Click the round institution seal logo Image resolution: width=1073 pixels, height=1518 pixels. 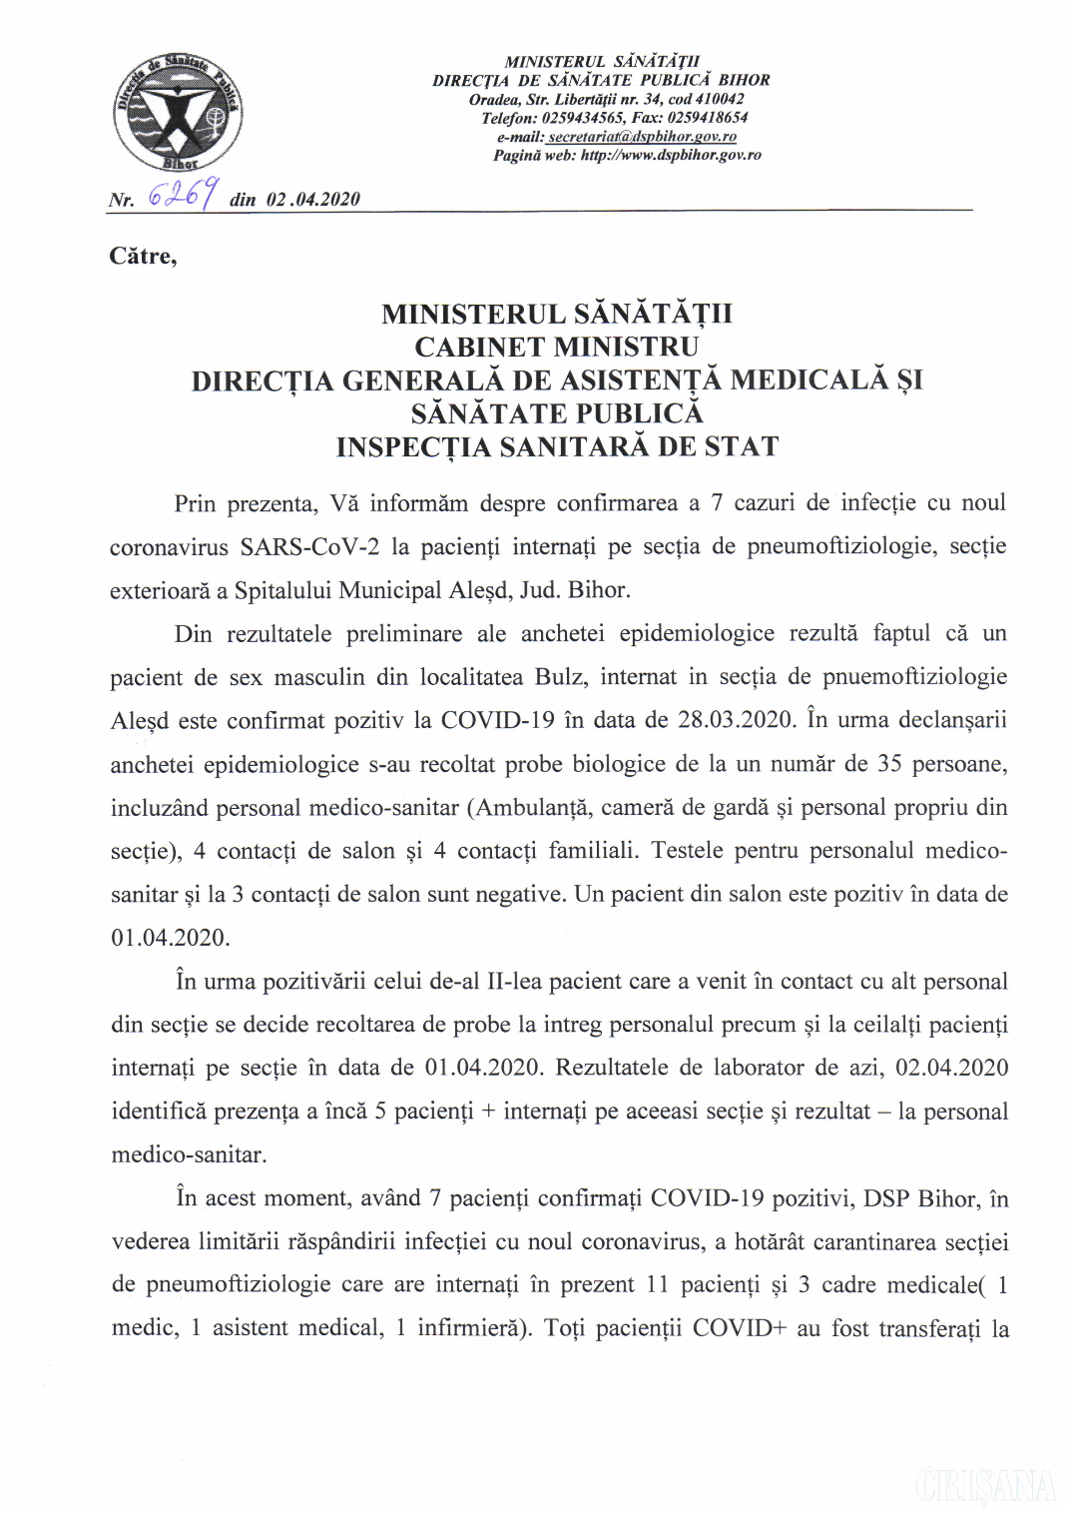click(x=178, y=112)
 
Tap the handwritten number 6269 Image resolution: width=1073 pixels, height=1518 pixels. click(x=183, y=193)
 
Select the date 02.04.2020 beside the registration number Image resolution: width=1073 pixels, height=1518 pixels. click(x=313, y=200)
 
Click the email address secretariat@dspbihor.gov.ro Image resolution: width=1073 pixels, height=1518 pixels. click(x=642, y=137)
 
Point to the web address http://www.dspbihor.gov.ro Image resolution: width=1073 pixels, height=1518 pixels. click(x=671, y=156)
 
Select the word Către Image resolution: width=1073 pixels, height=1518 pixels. click(x=143, y=257)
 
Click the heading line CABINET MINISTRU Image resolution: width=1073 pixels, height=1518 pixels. click(x=557, y=348)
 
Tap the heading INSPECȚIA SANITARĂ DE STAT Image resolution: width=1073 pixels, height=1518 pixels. click(x=557, y=447)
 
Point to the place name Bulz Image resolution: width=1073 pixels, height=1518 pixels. click(x=559, y=677)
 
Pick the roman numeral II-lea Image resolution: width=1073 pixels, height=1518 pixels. click(x=514, y=982)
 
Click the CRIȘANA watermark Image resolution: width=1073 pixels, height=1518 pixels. click(x=985, y=1486)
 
